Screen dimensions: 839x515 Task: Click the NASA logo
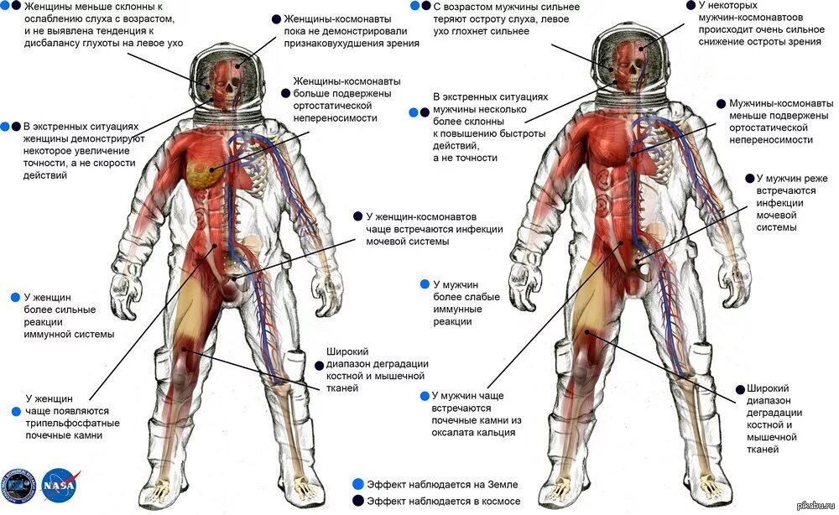(62, 484)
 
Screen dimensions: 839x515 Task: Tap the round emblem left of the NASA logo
(20, 484)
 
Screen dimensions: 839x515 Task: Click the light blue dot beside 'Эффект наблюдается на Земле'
(358, 484)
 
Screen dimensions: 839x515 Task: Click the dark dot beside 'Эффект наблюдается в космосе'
(358, 501)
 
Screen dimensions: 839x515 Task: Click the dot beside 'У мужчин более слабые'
(425, 284)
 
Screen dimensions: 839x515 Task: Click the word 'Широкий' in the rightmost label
(767, 388)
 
